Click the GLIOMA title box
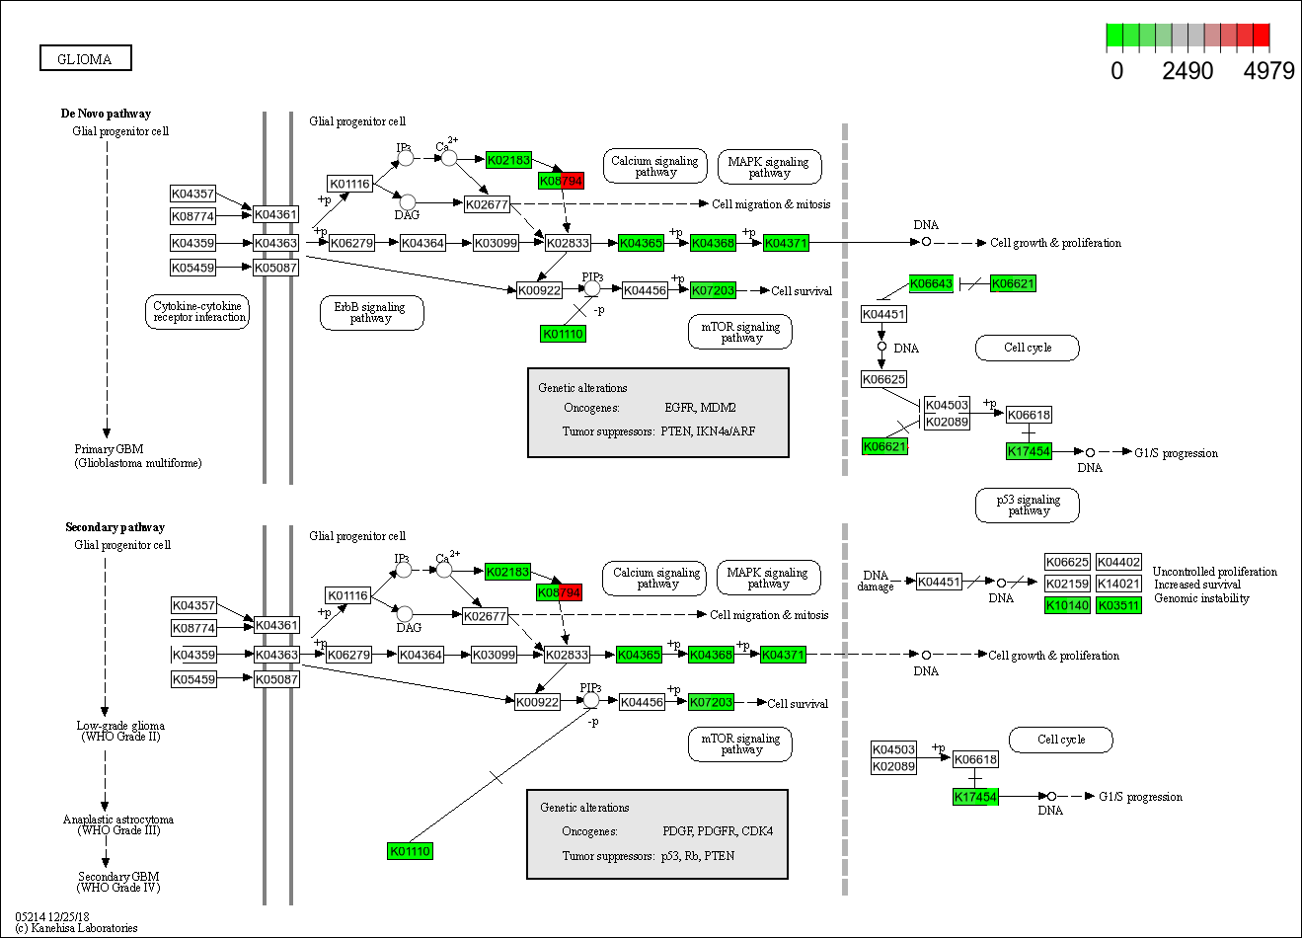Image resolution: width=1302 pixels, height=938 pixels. coord(85,58)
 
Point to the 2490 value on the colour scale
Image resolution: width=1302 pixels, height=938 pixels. coord(1187,71)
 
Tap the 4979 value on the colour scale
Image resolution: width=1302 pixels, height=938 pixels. coord(1268,71)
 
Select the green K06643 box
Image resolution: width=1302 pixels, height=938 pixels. coord(931,283)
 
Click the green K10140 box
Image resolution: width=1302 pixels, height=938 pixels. coord(1067,605)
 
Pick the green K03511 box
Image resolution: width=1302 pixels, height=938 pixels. coord(1118,605)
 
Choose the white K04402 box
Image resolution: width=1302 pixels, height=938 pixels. coord(1118,562)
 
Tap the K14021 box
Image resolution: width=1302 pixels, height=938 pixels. coord(1118,584)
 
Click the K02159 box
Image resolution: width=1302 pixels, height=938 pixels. coord(1067,584)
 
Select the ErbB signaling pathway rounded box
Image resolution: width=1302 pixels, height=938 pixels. coord(371,313)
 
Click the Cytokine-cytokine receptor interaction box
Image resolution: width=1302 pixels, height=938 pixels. coord(198,312)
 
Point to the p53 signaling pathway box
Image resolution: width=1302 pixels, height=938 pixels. coord(1028,505)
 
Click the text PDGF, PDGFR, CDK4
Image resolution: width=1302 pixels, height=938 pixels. coord(717,830)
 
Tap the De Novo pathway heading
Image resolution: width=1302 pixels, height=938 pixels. coord(106,114)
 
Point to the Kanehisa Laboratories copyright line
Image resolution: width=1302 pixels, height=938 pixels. coord(76,928)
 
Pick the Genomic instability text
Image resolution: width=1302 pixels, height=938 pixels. coord(1201,598)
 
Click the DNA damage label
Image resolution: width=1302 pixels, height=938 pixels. coord(876,581)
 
